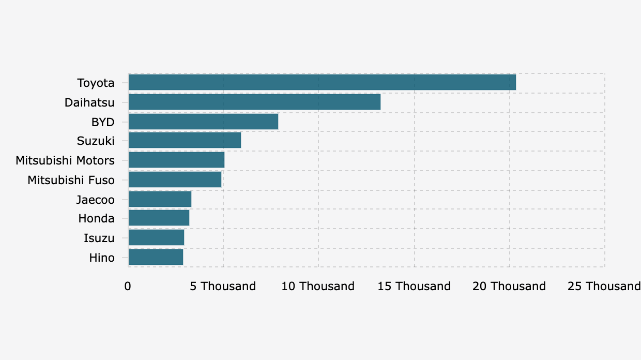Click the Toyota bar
pyautogui.click(x=322, y=82)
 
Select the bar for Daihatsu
pyautogui.click(x=255, y=102)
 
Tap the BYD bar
pyautogui.click(x=204, y=122)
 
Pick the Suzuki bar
pyautogui.click(x=185, y=140)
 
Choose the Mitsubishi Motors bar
pyautogui.click(x=177, y=160)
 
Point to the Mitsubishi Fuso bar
pyautogui.click(x=175, y=179)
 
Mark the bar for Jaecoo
pyautogui.click(x=160, y=199)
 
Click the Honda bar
pyautogui.click(x=159, y=218)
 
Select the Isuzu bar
pyautogui.click(x=157, y=238)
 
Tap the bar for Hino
pyautogui.click(x=156, y=257)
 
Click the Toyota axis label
pyautogui.click(x=96, y=83)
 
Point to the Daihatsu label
pyautogui.click(x=89, y=102)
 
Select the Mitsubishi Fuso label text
pyautogui.click(x=71, y=180)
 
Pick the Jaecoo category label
pyautogui.click(x=96, y=200)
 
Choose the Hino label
pyautogui.click(x=102, y=258)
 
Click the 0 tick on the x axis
pyautogui.click(x=128, y=287)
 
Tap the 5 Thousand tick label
pyautogui.click(x=223, y=287)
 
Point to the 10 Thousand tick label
pyautogui.click(x=318, y=287)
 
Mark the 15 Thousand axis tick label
pyautogui.click(x=414, y=287)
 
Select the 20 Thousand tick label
pyautogui.click(x=509, y=287)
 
